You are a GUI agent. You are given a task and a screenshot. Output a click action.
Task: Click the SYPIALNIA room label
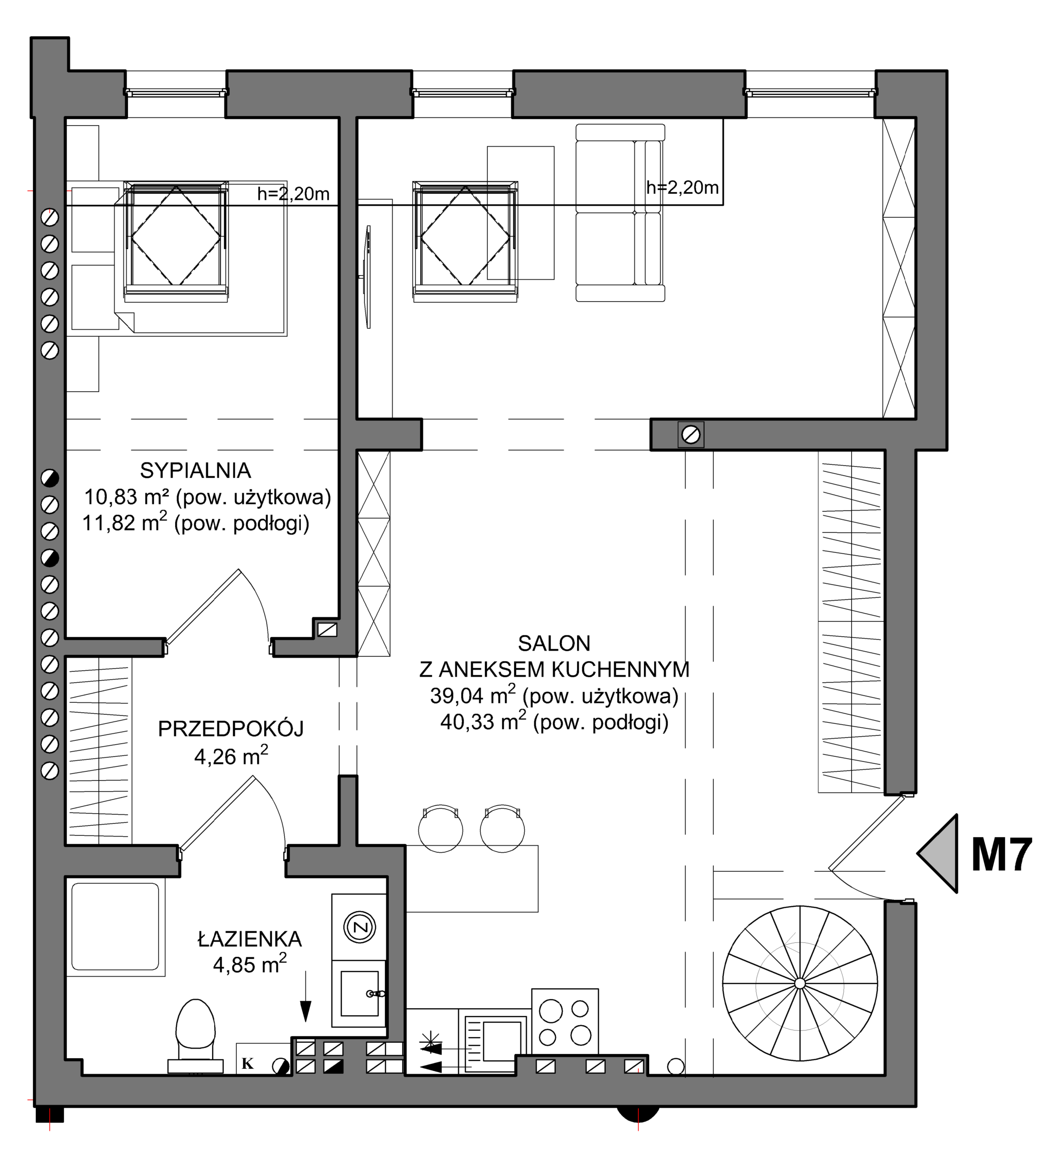[195, 471]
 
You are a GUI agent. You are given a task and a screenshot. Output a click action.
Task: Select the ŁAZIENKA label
[250, 939]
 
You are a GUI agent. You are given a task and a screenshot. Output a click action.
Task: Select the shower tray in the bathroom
[115, 927]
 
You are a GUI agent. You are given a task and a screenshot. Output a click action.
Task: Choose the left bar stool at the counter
[440, 829]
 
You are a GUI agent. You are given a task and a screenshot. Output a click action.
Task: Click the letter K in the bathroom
[247, 1064]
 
